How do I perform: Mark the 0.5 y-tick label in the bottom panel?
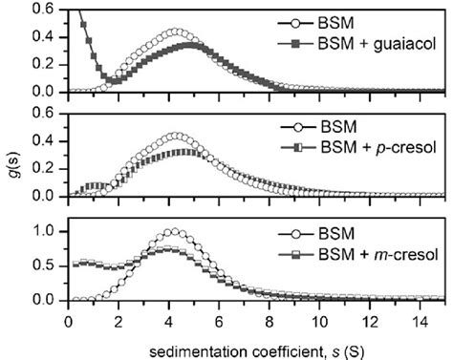tap(50, 265)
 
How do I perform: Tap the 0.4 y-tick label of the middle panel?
tap(50, 140)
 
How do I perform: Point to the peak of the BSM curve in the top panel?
tap(175, 32)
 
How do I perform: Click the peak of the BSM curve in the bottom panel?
tap(172, 231)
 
